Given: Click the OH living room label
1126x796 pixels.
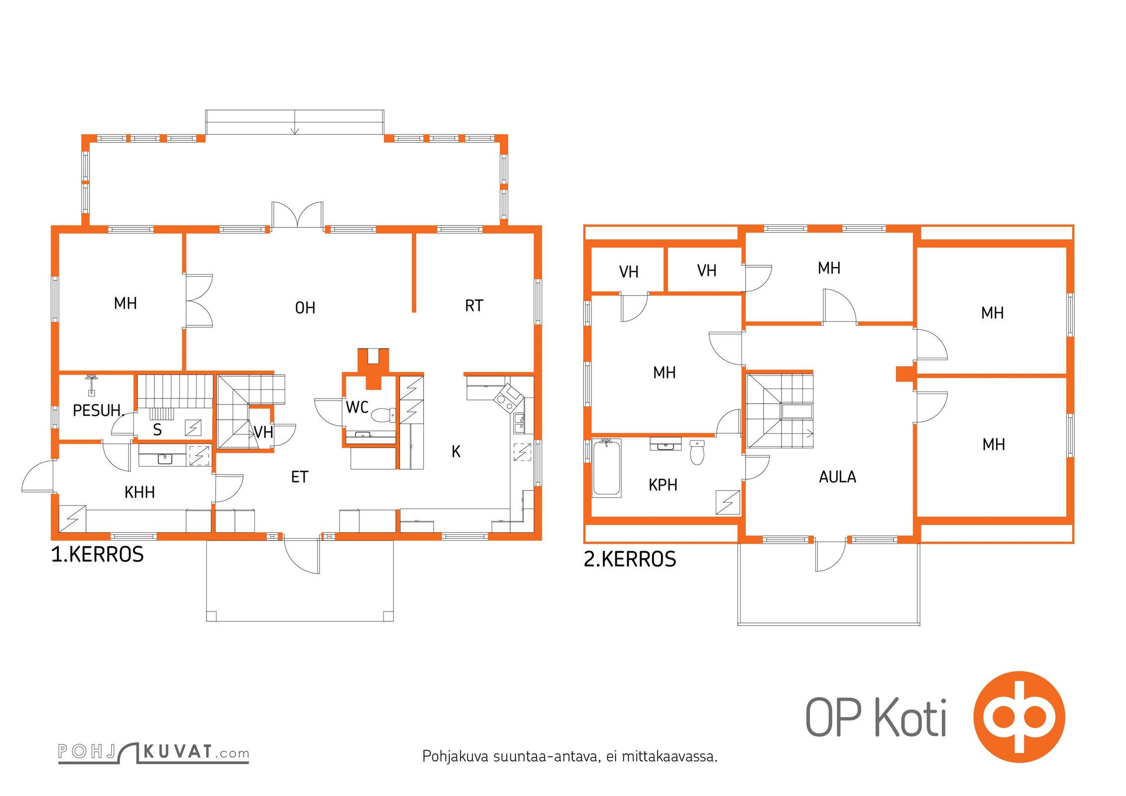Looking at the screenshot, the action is [305, 308].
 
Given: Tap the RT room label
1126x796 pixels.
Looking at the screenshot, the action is [474, 305].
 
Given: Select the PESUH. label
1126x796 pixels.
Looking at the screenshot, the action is [98, 410].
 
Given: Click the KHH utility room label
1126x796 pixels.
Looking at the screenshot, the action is [139, 492].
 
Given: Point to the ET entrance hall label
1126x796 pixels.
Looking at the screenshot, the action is [299, 477].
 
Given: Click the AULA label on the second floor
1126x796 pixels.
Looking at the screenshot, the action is [837, 477].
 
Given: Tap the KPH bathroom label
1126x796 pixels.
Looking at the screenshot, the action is [663, 485].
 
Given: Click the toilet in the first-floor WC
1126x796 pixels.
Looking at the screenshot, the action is [384, 415].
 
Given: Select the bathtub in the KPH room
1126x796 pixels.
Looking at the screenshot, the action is [607, 468].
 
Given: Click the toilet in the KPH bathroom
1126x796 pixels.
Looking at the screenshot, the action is [697, 452].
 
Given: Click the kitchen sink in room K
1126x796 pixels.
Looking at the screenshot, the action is [519, 423].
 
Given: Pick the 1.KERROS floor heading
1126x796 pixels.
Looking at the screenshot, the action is [98, 554].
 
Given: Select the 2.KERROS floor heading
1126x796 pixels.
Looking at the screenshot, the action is [630, 559].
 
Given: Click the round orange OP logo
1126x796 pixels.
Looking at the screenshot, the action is [1019, 717].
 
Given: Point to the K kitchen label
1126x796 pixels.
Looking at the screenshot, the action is [456, 451].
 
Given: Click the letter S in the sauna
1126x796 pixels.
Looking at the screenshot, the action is [157, 429].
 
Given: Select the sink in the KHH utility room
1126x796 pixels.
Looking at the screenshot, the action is [165, 458].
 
